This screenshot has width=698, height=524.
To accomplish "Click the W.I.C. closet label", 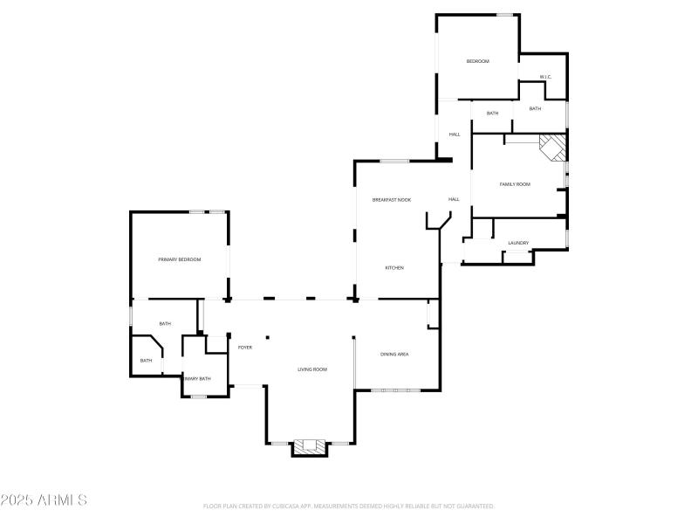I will coord(544,78).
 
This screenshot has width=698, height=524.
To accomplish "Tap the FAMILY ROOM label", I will coord(515,184).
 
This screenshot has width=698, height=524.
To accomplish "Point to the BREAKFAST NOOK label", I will coord(392,200).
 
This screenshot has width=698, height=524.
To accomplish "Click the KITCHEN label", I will coord(394,267).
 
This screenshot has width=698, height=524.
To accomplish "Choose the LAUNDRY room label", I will coord(518,243).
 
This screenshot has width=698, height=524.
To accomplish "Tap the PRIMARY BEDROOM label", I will coord(180,259).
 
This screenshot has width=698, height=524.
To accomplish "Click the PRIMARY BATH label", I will coord(198,378).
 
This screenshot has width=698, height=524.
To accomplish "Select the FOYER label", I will coord(245,348).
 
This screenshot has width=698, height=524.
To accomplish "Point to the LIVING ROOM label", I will coord(312,369).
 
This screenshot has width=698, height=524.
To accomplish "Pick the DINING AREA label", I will coord(394,354).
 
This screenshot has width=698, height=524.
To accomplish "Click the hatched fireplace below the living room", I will coord(308,447).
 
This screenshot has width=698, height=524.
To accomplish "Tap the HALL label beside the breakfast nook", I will coord(454,199).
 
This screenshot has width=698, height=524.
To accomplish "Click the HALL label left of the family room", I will coord(455,134).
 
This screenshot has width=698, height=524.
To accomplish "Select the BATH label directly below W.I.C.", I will coord(535,108).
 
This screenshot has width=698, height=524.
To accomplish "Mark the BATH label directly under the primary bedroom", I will coord(165,324).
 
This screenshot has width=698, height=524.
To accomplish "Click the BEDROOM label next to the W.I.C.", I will coord(477,61).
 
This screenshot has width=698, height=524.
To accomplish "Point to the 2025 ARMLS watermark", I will coord(44,500).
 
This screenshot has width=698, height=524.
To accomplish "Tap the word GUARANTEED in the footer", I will coord(475,507).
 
